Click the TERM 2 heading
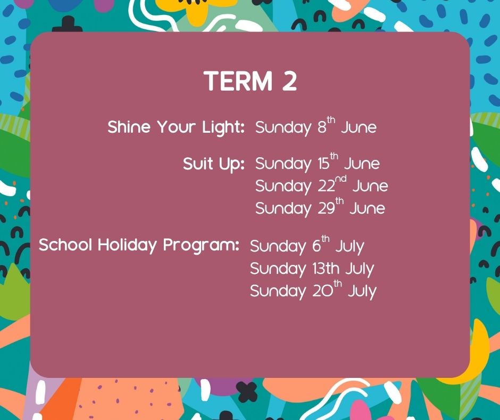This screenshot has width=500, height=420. tap(251, 80)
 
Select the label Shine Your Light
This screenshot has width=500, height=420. tap(176, 127)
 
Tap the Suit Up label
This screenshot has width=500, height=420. tap(214, 164)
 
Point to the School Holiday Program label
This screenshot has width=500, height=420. tap(139, 246)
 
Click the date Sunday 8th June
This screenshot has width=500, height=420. tap(315, 126)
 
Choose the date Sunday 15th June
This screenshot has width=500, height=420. tap(317, 163)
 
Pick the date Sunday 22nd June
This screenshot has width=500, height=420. tap(321, 185)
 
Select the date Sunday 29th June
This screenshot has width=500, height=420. tap(320, 208)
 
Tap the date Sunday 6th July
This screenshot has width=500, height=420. tap(307, 246)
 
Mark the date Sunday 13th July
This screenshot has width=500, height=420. tap(312, 269)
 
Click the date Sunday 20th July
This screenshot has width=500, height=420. tap(313, 290)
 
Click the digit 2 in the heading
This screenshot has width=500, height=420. tap(289, 81)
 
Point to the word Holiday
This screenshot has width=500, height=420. tap(127, 245)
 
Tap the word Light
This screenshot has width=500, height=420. tap(222, 127)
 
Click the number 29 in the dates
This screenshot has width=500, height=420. tap(326, 209)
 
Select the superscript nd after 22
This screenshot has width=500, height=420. tap(340, 179)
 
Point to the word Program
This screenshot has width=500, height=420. tap(201, 246)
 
